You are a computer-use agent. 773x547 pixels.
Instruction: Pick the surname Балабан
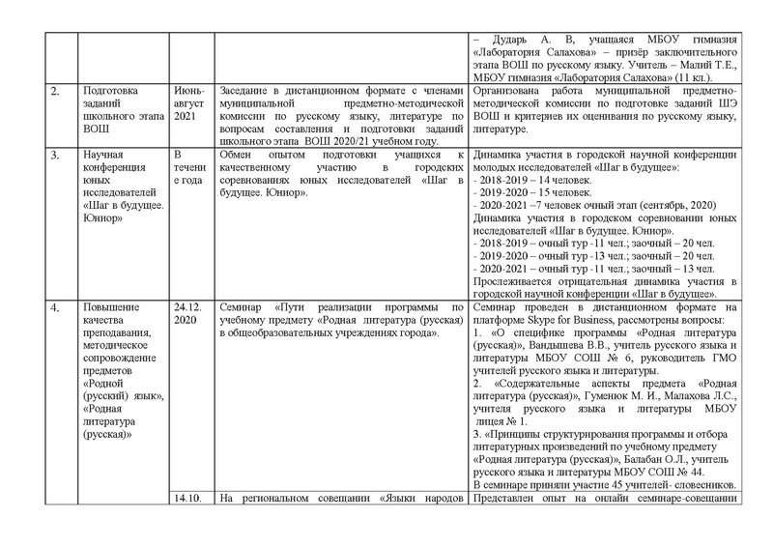[x=626, y=460]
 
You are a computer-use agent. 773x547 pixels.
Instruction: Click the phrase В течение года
[x=187, y=167]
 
